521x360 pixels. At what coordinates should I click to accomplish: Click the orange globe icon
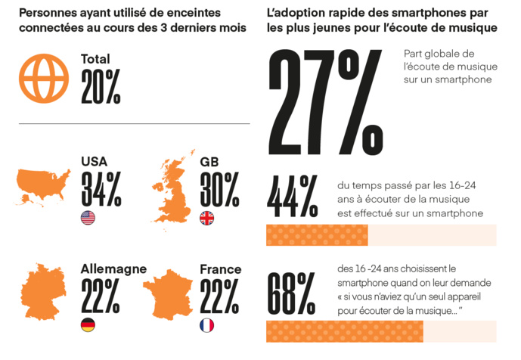pos(44,78)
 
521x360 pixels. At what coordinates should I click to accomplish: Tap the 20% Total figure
pos(101,86)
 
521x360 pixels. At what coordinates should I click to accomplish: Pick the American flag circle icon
pos(88,219)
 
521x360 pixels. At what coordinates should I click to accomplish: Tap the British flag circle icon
pos(206,219)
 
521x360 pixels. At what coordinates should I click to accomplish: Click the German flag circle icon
pos(88,325)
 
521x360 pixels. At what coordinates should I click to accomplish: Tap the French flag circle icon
pos(206,325)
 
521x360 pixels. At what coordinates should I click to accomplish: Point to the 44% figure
pos(292,198)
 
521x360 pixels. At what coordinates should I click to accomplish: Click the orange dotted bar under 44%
pos(317,235)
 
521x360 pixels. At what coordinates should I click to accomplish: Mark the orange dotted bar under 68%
pos(344,331)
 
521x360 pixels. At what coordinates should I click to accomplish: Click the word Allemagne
pos(113,269)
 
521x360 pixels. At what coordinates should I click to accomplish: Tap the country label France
pos(220,269)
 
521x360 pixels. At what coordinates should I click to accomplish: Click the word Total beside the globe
pos(95,59)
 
